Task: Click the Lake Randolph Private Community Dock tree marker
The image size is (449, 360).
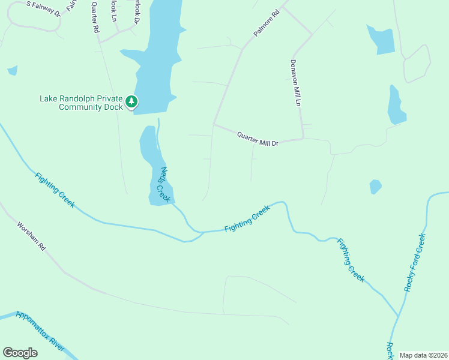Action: [x=131, y=103]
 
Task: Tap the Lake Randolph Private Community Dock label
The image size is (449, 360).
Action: [x=80, y=103]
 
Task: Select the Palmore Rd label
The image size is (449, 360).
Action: [x=267, y=23]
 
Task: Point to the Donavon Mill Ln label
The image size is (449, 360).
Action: [x=295, y=83]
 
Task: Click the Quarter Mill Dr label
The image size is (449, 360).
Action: [x=258, y=139]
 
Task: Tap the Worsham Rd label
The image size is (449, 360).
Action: [x=31, y=236]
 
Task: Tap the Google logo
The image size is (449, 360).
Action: [x=20, y=353]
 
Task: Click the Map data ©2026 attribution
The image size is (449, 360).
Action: [x=423, y=355]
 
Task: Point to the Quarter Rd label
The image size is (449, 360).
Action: [x=95, y=17]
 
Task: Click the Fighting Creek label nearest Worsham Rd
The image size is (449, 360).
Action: [x=55, y=190]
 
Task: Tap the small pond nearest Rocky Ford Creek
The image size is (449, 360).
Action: [x=376, y=187]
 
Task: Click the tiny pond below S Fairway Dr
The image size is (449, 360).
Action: [x=12, y=71]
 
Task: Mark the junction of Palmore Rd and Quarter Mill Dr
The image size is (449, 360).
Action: [x=214, y=125]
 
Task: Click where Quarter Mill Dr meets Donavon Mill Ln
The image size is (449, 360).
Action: [x=303, y=139]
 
